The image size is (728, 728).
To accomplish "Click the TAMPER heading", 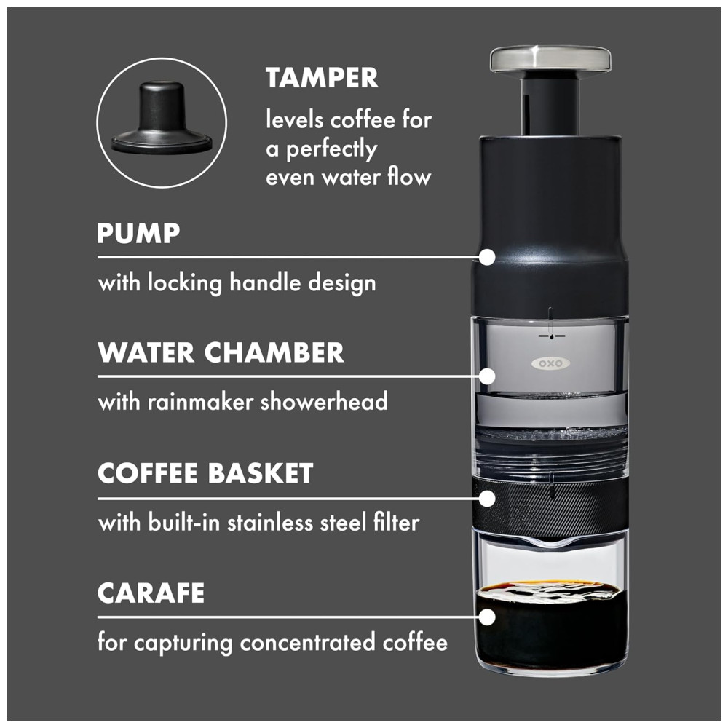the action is coord(322,78).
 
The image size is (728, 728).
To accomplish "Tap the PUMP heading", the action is coord(138,233).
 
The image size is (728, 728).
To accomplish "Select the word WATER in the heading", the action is coord(146,353).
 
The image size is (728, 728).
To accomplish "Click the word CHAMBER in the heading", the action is coord(274,353).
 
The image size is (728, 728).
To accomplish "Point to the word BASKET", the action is coord(261,473).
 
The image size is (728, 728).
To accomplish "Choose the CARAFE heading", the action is coord(151,593).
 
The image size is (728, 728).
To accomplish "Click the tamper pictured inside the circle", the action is coord(162,117).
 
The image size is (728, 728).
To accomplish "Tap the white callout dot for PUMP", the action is coord(486,257).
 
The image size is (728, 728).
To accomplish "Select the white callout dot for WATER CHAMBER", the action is coord(486,376).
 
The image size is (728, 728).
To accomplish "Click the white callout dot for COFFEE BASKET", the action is coord(486,499).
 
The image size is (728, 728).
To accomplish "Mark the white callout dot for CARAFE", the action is coord(486,617).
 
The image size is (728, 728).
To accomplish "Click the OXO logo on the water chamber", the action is coord(550,363).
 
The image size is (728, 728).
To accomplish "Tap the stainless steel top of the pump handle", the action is coord(550,60).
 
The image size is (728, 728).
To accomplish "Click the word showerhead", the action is coord(324,402).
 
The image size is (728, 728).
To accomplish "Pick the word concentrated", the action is coord(307,643).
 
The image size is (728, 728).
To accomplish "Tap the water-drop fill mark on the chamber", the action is coord(551,335).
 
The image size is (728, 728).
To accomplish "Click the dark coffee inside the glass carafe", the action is coord(550,627).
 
